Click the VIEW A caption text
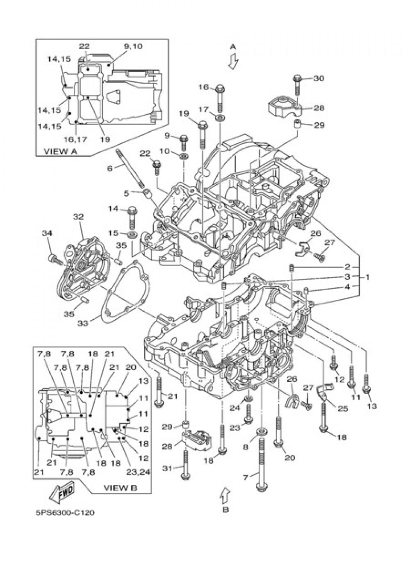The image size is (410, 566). pyautogui.click(x=60, y=151)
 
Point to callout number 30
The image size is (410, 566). pyautogui.click(x=319, y=79)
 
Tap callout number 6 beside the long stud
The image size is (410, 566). pyautogui.click(x=109, y=168)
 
